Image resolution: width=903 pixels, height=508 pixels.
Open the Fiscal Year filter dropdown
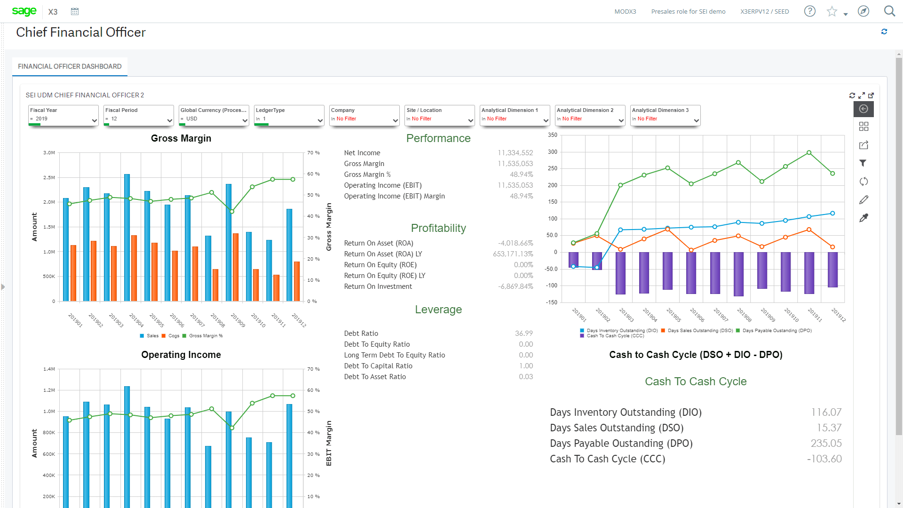click(63, 116)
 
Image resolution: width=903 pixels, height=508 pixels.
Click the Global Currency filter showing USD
click(214, 116)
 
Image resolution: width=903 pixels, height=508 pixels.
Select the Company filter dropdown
click(364, 116)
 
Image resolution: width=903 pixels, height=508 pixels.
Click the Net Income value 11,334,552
click(515, 153)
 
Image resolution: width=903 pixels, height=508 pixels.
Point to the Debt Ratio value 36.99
click(523, 333)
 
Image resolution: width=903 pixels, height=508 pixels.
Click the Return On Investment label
click(378, 286)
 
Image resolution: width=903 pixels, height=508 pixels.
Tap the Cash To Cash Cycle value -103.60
click(824, 459)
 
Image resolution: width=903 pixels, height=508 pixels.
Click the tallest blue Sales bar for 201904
click(127, 238)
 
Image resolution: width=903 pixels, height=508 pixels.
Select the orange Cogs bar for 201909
click(236, 267)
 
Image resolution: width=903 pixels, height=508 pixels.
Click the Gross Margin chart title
click(181, 138)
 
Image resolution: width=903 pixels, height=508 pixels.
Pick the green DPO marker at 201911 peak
click(809, 153)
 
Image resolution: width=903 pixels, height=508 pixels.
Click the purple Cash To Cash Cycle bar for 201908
click(738, 274)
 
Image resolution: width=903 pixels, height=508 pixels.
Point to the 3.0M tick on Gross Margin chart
click(49, 153)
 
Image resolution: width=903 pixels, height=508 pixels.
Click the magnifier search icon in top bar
click(889, 11)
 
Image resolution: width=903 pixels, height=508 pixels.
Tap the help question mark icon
click(809, 11)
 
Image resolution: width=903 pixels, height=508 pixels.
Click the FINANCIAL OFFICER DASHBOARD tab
click(70, 66)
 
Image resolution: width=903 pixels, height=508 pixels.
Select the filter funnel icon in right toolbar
click(863, 163)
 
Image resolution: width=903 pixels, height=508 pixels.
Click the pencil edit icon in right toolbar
click(863, 200)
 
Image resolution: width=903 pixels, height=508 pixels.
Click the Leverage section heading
click(438, 310)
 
